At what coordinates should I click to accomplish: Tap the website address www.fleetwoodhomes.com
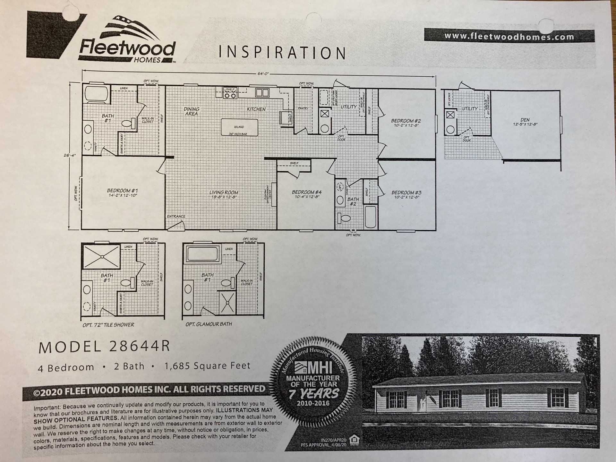click(x=509, y=36)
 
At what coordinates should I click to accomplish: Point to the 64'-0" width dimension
click(x=263, y=73)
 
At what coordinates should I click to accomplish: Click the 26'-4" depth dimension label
click(x=70, y=155)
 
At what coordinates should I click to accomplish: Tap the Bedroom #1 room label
click(x=123, y=192)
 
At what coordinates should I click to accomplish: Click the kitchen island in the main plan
click(x=239, y=127)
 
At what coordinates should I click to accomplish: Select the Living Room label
click(x=224, y=194)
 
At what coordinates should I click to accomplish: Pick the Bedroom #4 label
click(x=306, y=194)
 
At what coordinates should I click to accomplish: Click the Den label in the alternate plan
click(x=525, y=121)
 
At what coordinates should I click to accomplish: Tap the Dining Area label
click(x=191, y=111)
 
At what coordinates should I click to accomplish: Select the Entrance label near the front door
click(x=176, y=216)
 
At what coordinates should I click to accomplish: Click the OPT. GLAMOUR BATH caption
click(x=209, y=324)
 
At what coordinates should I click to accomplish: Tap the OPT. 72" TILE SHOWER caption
click(x=108, y=325)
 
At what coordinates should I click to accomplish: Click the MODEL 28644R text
click(x=104, y=346)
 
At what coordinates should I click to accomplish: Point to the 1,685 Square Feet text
click(x=207, y=366)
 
